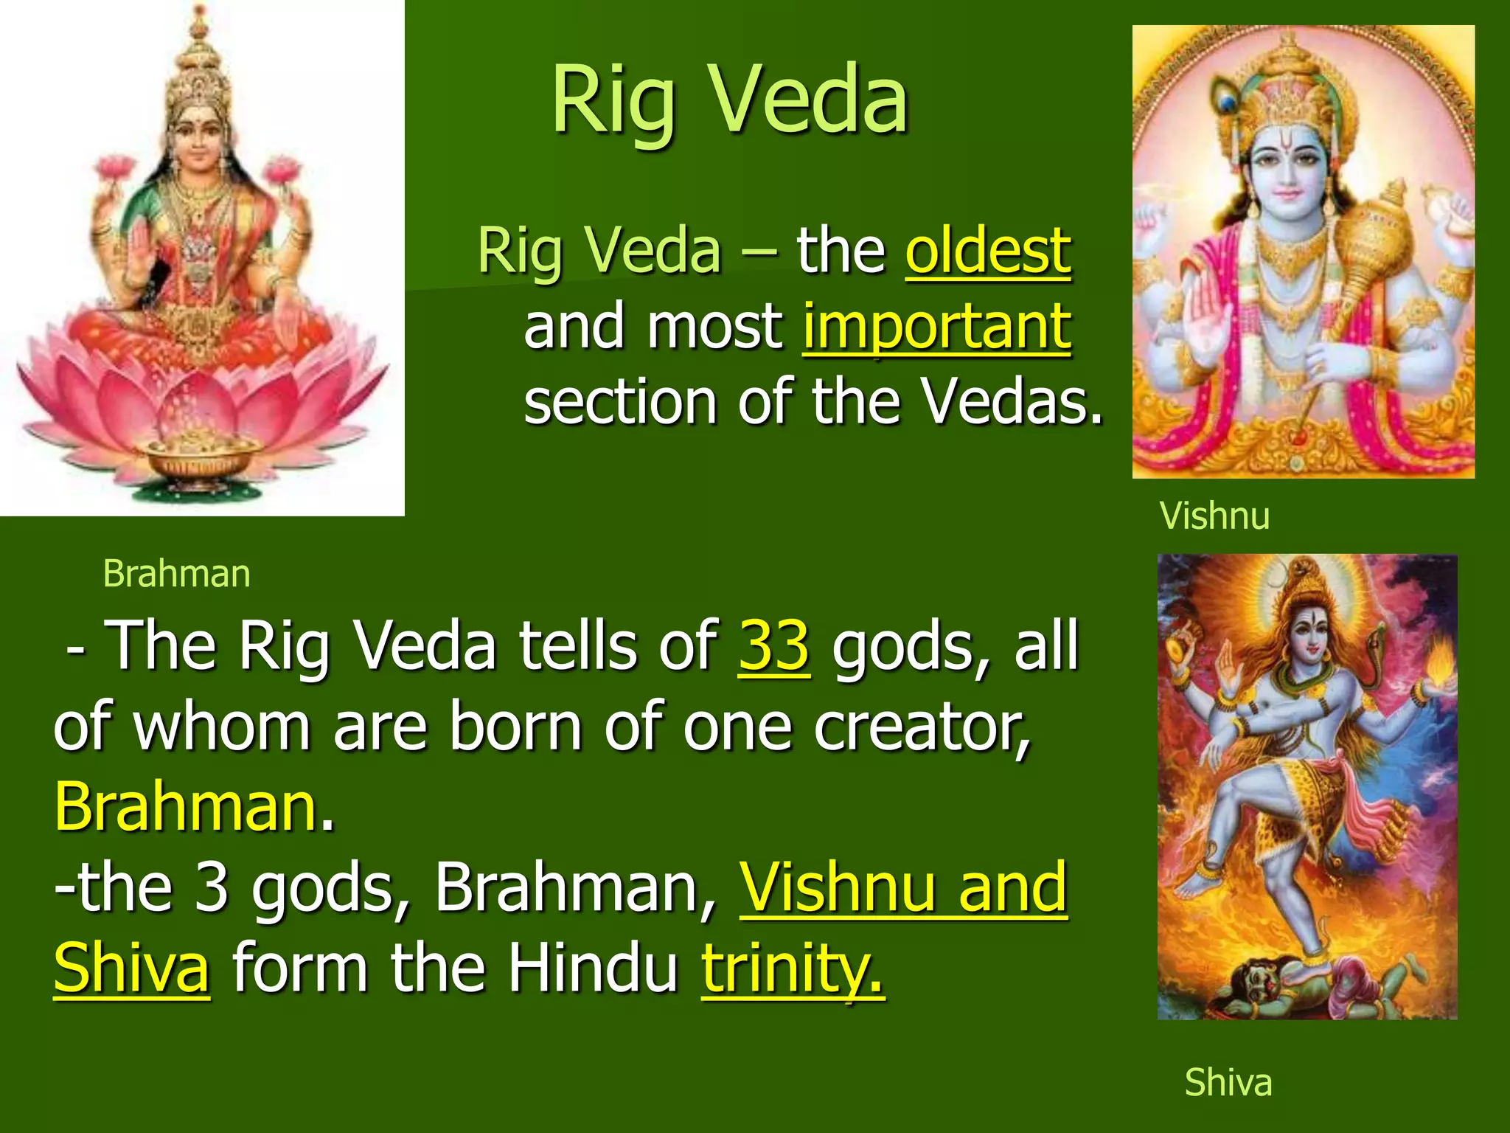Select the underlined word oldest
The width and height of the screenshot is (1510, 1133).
[x=988, y=251]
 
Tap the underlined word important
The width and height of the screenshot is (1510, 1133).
[x=936, y=327]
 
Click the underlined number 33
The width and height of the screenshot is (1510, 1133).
[x=774, y=646]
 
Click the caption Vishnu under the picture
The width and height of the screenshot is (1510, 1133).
[x=1214, y=516]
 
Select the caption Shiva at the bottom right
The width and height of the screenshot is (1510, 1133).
[x=1228, y=1083]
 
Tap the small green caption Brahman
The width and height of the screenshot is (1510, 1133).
[x=176, y=574]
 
